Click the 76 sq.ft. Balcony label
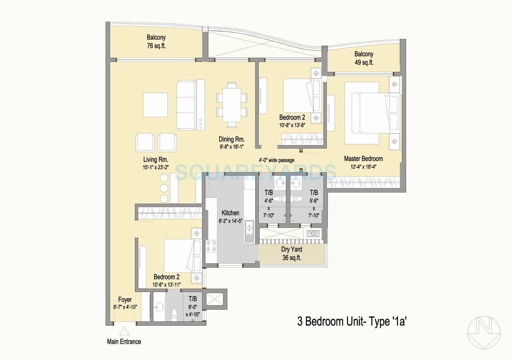[x=156, y=41]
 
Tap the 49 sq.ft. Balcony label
[x=364, y=58]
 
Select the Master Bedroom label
[x=363, y=159]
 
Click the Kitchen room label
[x=230, y=213]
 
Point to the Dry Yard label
[x=291, y=250]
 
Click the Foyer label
[x=125, y=299]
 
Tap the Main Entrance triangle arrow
[x=124, y=331]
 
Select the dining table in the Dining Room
[x=232, y=105]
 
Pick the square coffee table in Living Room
[x=155, y=105]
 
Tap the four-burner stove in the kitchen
[x=211, y=246]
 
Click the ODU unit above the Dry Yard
[x=313, y=234]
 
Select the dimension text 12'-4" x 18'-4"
[x=363, y=167]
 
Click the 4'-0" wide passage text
[x=276, y=160]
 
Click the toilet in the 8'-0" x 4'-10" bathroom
[x=174, y=314]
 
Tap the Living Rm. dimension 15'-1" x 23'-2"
[x=155, y=167]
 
